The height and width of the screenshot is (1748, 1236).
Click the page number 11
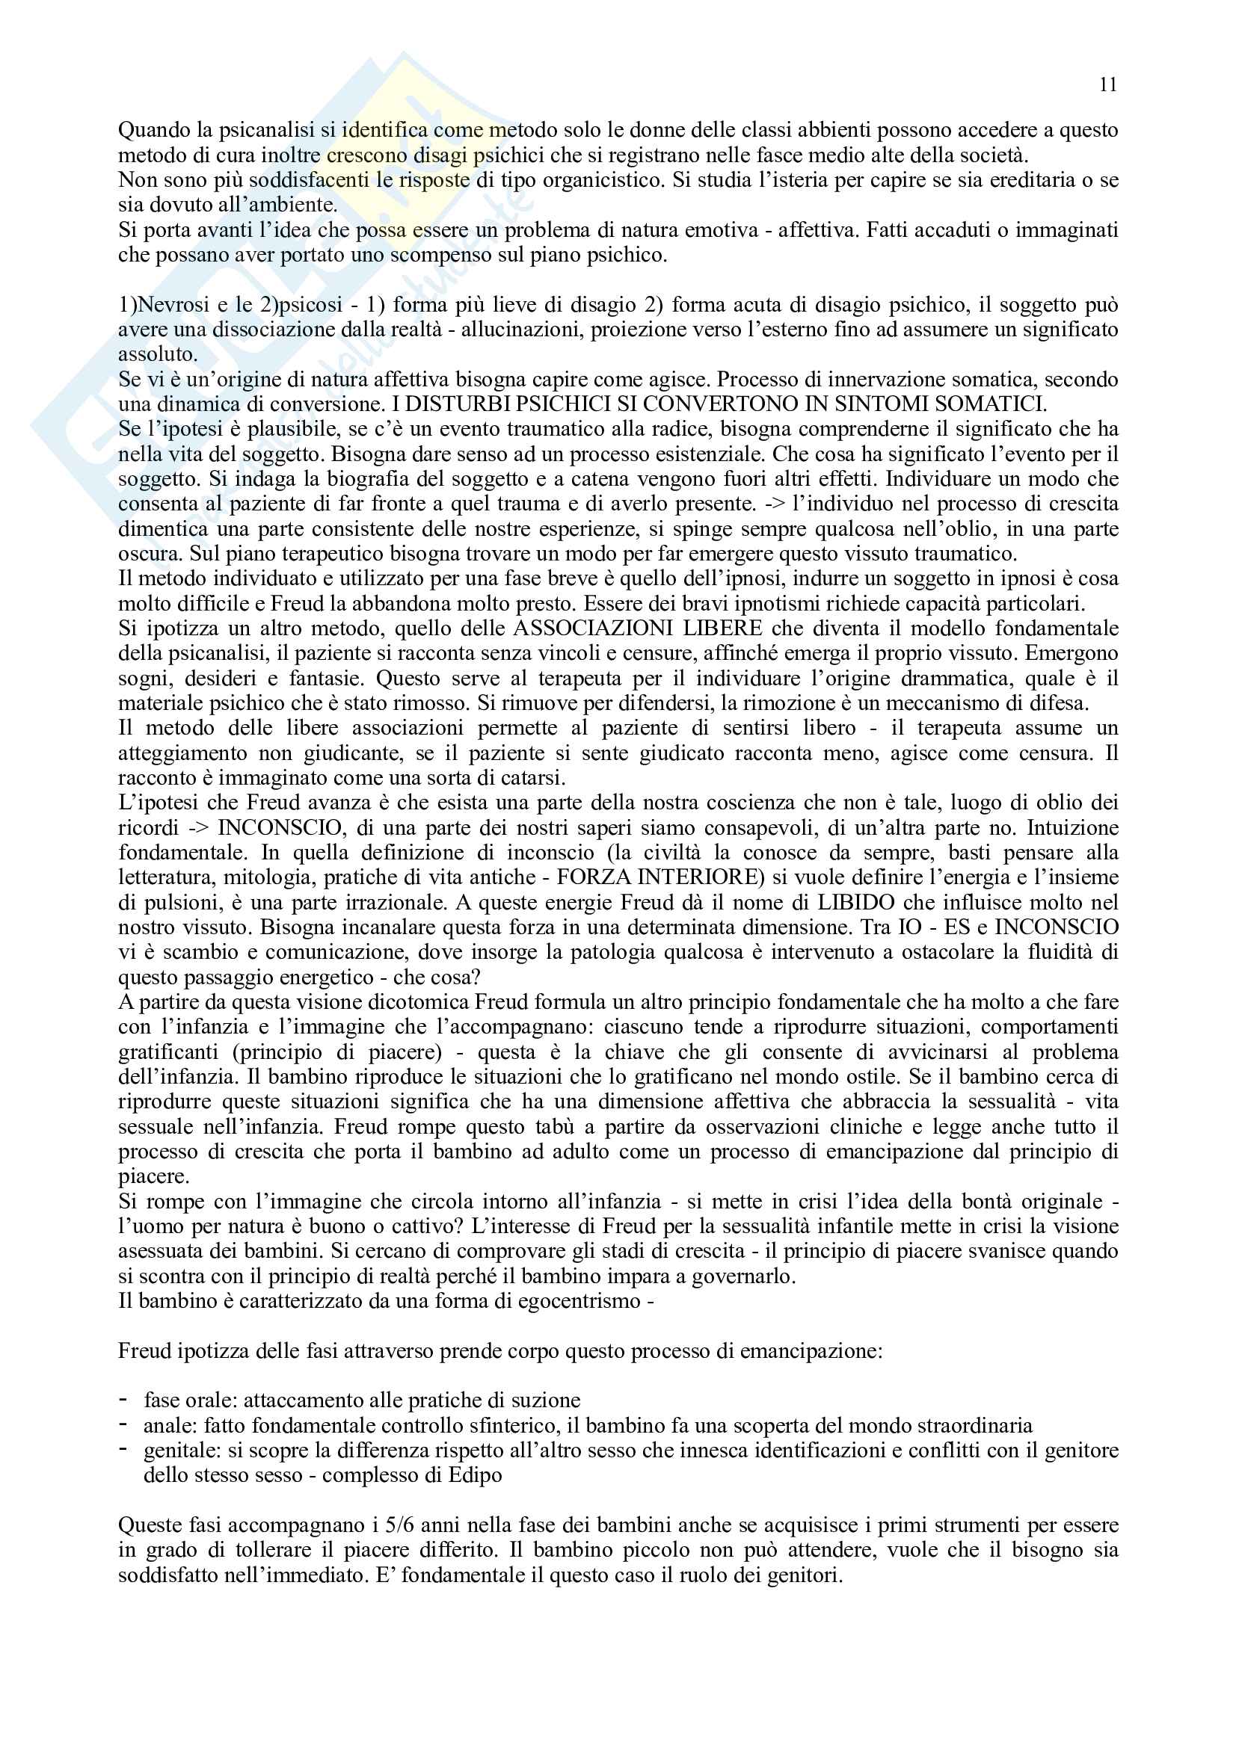pyautogui.click(x=1108, y=84)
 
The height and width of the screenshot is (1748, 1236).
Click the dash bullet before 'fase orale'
pyautogui.click(x=123, y=1399)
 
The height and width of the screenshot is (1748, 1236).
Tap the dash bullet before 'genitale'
pyautogui.click(x=123, y=1450)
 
